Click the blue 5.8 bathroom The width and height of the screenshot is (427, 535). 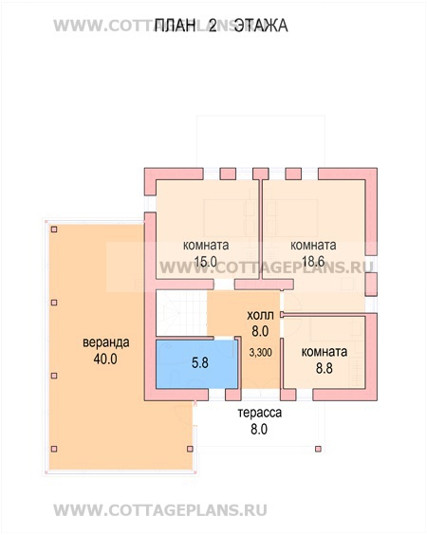coord(197,364)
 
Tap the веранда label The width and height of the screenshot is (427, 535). coord(106,342)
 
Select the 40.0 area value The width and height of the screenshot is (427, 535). coord(105,359)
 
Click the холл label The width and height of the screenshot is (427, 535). coord(260,315)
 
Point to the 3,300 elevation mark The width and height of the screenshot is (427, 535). coord(261,353)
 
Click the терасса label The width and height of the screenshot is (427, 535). coord(260,413)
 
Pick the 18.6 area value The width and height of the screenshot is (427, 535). coord(313,262)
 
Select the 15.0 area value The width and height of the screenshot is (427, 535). coord(206,262)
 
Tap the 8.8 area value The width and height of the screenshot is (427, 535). coord(324,368)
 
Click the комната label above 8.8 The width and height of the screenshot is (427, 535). coord(324,352)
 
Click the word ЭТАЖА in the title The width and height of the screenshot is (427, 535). coord(262,26)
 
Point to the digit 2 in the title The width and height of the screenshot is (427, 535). coord(213,26)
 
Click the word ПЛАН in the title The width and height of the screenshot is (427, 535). coord(176,26)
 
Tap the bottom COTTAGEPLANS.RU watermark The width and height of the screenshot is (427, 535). coord(160,510)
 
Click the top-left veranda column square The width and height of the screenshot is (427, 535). coord(54,230)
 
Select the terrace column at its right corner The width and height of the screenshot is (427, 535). coord(318,449)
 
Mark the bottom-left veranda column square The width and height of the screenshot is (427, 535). coord(54,449)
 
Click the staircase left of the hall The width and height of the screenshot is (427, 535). coord(181,313)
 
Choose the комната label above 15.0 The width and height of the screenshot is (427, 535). coord(206,246)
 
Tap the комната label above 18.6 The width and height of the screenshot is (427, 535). coord(313,246)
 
